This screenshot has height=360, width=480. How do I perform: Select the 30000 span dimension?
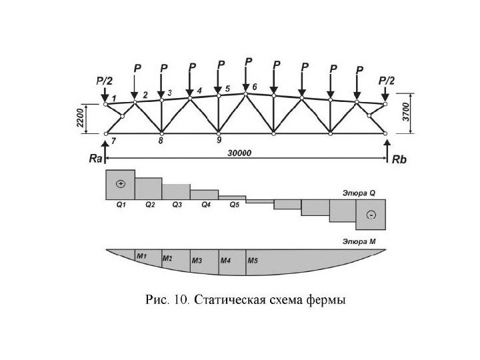click(x=239, y=153)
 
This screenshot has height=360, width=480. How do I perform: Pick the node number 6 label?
click(x=255, y=87)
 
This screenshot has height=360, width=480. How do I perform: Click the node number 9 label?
click(x=219, y=141)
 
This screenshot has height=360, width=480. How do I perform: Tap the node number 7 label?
click(x=114, y=141)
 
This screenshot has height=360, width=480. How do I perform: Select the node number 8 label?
click(x=161, y=141)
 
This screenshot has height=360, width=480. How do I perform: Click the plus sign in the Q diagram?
click(x=120, y=183)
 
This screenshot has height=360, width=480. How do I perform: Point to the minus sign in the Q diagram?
click(x=371, y=214)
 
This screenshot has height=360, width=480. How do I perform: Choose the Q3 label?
click(x=177, y=205)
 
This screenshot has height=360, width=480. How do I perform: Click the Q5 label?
click(x=234, y=205)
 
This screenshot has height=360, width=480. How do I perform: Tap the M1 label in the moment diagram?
click(x=141, y=255)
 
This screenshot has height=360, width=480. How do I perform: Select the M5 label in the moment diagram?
click(x=253, y=261)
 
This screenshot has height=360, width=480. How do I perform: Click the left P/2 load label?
click(x=105, y=80)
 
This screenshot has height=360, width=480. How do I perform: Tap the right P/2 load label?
click(x=386, y=80)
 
